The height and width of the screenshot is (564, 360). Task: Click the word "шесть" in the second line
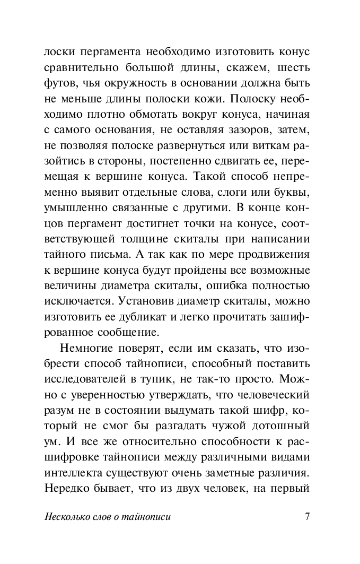(x=291, y=70)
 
